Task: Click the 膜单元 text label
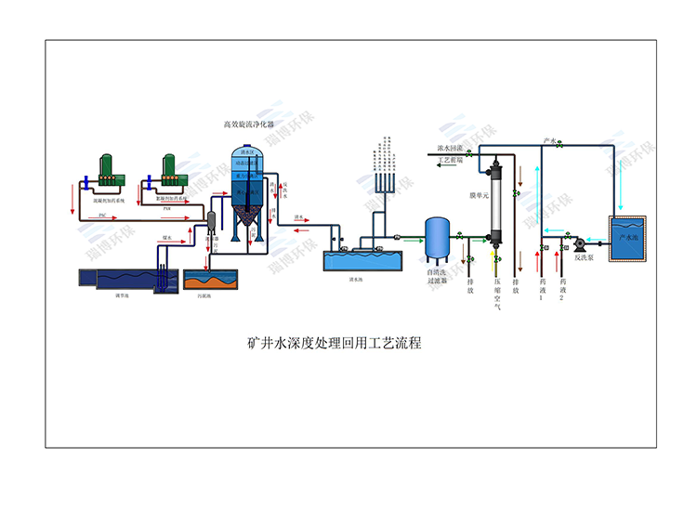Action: click(480, 196)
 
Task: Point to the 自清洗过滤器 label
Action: click(438, 277)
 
